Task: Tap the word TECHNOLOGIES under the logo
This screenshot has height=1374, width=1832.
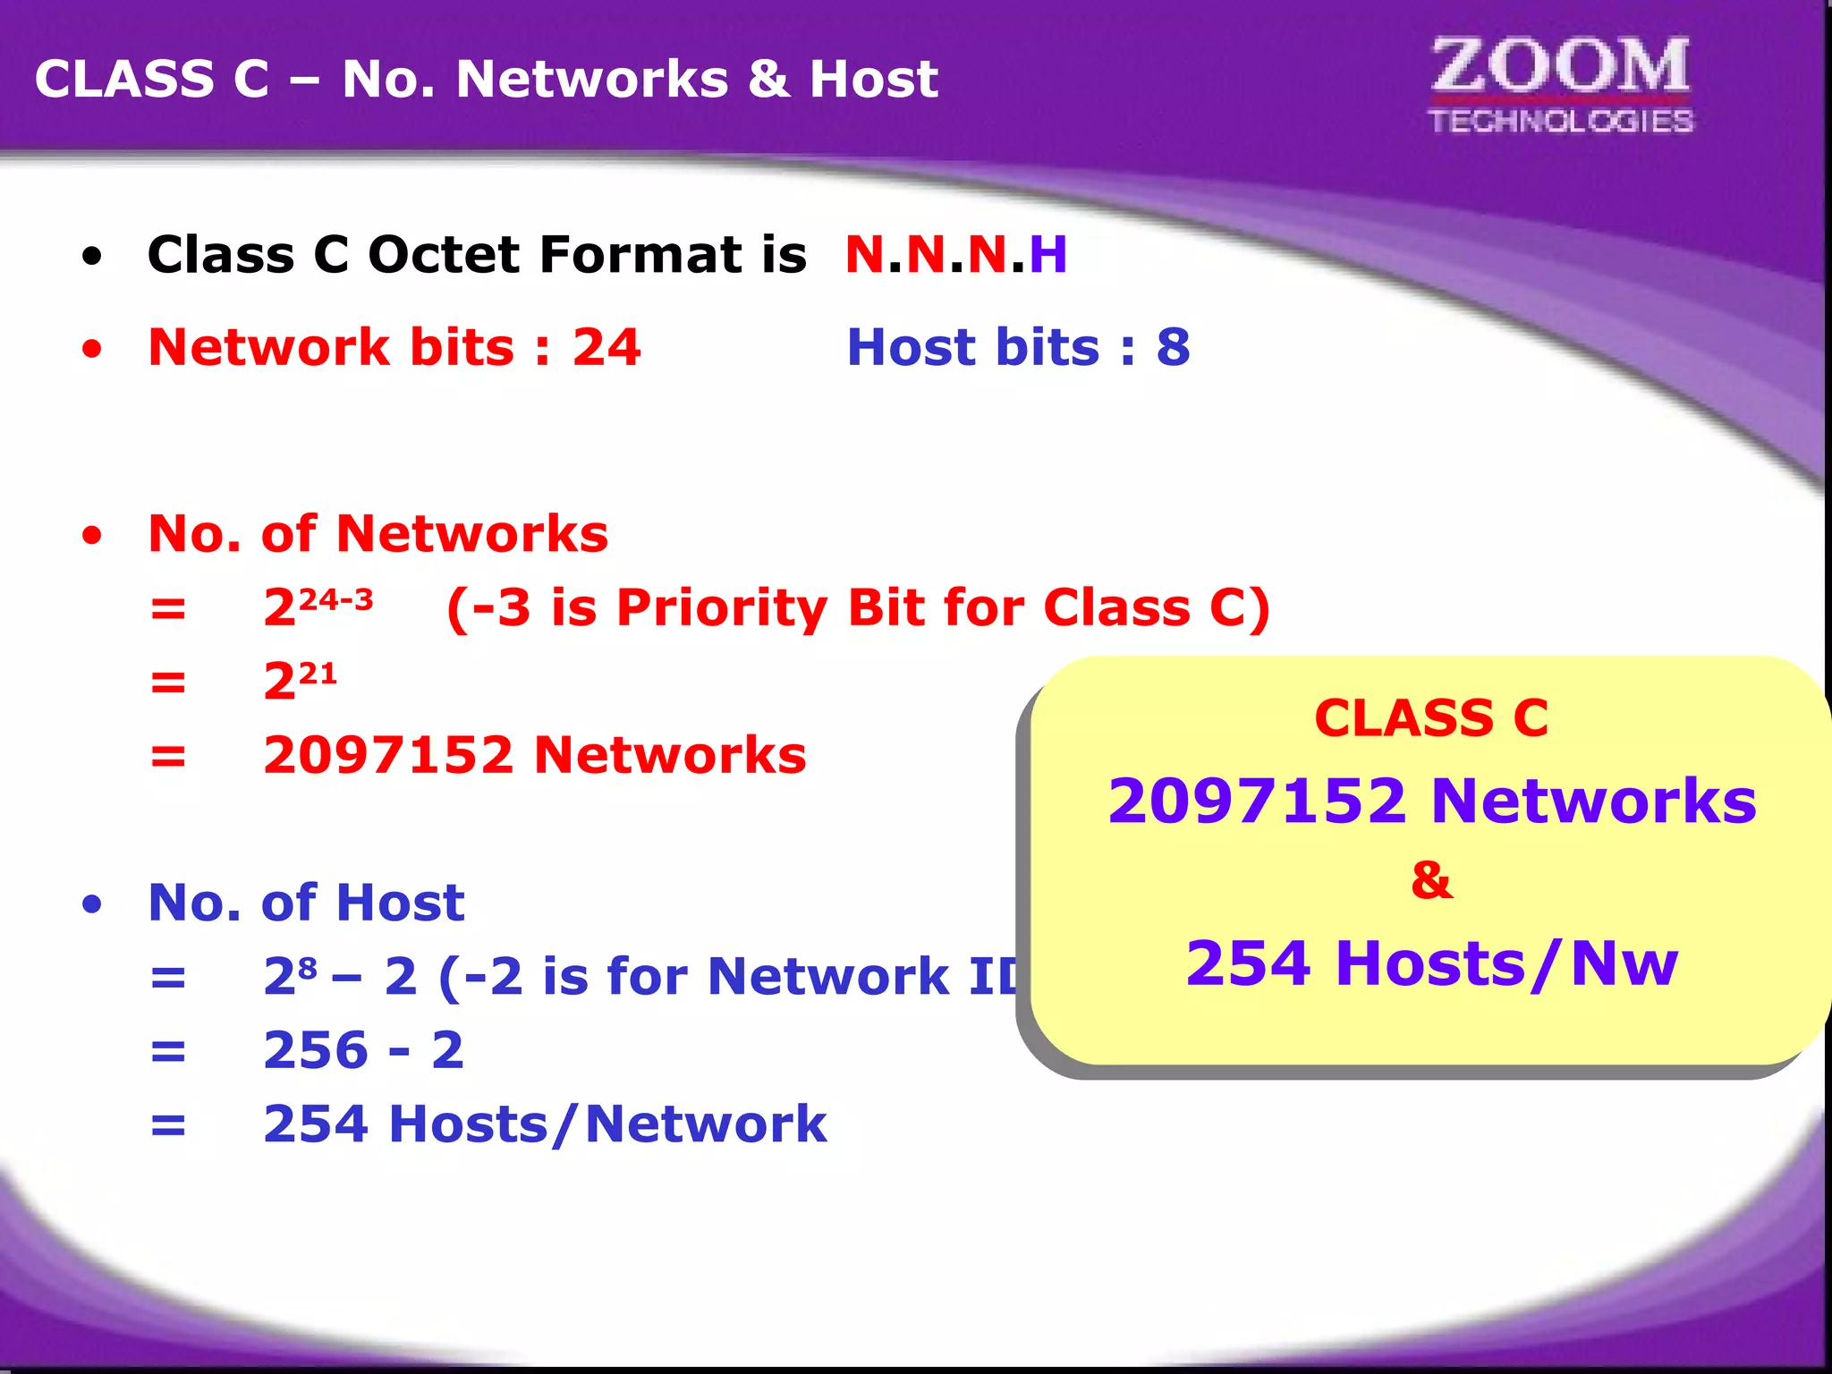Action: point(1561,121)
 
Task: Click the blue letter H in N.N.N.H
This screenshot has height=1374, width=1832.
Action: point(1047,255)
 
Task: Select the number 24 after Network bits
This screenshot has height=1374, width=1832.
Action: point(606,347)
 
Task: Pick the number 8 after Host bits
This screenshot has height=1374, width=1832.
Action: point(1173,347)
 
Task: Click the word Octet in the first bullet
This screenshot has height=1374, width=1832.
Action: point(447,255)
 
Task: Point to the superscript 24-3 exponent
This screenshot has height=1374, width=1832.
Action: point(335,599)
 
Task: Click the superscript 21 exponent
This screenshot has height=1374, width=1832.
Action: point(318,673)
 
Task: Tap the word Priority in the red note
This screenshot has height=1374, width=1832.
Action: point(722,608)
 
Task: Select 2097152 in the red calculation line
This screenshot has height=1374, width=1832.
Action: point(389,755)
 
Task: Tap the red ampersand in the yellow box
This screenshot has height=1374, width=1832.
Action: point(1431,880)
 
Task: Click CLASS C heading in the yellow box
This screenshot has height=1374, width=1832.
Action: point(1431,718)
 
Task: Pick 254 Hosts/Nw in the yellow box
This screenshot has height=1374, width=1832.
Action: point(1431,963)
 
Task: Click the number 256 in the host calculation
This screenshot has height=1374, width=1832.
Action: point(316,1050)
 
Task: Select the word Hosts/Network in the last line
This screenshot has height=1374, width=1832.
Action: point(607,1124)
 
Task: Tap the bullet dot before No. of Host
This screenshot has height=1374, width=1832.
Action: point(92,904)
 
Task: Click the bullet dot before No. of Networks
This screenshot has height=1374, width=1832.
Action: point(92,536)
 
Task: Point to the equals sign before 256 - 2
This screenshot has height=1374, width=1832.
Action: point(168,1051)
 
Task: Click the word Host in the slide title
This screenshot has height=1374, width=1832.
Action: point(873,79)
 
